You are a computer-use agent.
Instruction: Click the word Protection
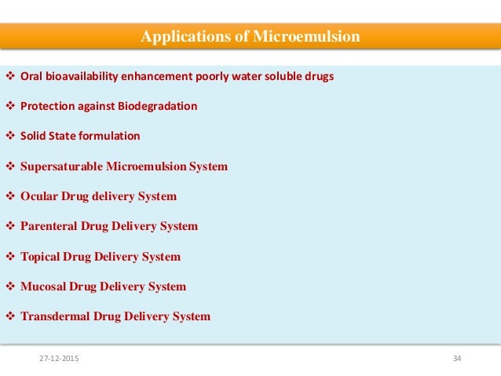tap(48, 106)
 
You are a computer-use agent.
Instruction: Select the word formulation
tap(110, 136)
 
